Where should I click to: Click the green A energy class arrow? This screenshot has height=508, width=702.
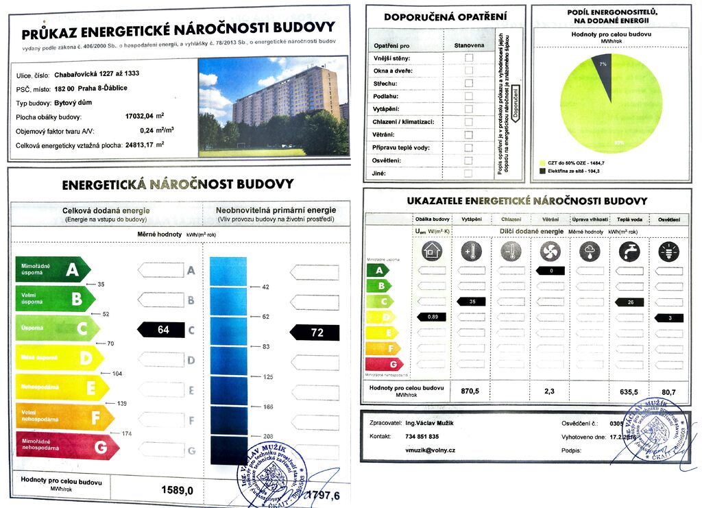click(x=51, y=270)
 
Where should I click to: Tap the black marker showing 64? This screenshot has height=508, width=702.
click(x=161, y=330)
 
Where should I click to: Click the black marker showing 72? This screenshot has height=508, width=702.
click(x=315, y=332)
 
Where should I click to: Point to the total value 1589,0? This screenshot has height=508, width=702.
click(x=178, y=490)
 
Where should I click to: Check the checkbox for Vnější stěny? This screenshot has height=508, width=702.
click(x=469, y=58)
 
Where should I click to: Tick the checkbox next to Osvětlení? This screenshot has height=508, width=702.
click(x=469, y=160)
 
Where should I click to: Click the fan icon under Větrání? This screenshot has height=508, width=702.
click(x=549, y=252)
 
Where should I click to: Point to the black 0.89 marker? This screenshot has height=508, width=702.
click(x=432, y=316)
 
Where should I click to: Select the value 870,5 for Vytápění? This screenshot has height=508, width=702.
click(x=470, y=391)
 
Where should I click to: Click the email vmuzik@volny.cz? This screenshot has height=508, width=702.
click(x=431, y=450)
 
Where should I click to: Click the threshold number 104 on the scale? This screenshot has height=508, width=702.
click(x=117, y=373)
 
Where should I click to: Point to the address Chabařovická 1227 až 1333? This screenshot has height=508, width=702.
click(x=97, y=74)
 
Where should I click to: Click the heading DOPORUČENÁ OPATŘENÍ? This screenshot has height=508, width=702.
click(x=445, y=16)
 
